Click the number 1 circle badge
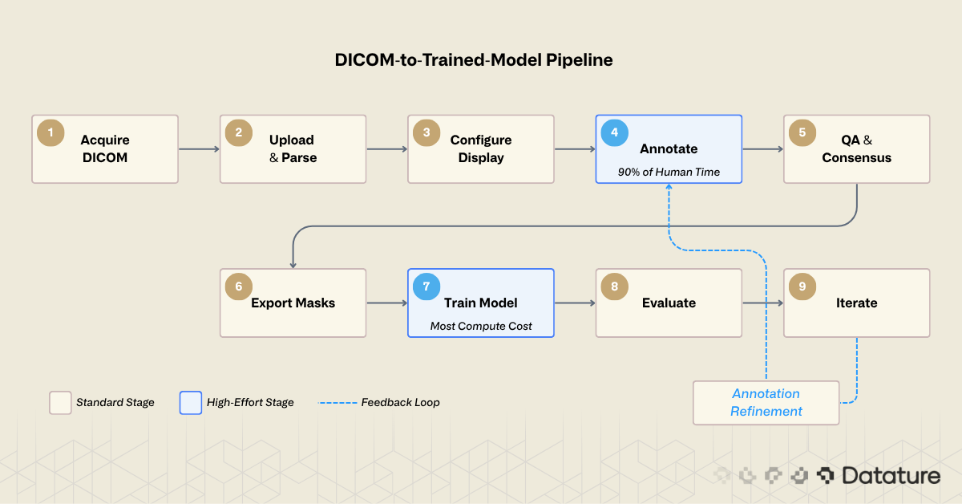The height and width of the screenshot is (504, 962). (51, 132)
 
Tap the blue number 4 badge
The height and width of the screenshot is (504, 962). (615, 132)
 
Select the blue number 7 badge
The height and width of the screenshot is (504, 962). (426, 287)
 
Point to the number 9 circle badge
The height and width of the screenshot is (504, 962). (802, 287)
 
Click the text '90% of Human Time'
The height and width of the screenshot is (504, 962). (669, 172)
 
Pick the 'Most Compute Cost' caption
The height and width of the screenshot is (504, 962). (481, 326)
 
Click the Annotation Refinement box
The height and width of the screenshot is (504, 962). (766, 402)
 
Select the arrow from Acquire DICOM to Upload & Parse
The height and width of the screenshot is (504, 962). (199, 148)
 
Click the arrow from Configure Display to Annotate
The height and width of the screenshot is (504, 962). (575, 148)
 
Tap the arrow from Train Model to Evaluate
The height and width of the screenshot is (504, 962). (575, 303)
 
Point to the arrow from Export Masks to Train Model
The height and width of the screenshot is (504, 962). (387, 303)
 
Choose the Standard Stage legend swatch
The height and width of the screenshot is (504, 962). (60, 402)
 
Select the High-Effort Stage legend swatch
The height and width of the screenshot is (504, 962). (191, 402)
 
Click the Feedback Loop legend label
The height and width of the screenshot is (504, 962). (400, 402)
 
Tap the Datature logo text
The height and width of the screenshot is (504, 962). (891, 476)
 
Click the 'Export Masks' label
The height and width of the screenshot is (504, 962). (293, 303)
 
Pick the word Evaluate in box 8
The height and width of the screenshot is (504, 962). (669, 303)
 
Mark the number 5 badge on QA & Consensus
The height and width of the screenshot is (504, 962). (802, 132)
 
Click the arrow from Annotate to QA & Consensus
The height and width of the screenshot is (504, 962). (762, 148)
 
